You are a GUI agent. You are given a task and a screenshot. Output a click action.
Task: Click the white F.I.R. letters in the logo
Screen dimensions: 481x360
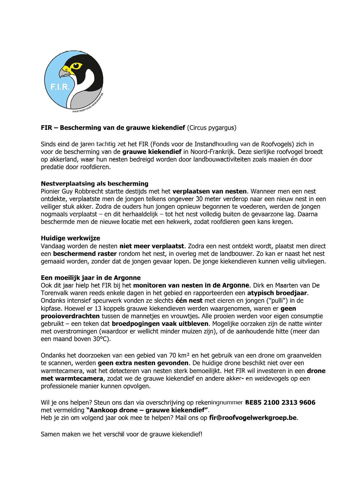tap(60, 87)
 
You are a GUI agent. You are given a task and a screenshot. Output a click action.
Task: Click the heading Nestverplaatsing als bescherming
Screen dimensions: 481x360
tap(94, 184)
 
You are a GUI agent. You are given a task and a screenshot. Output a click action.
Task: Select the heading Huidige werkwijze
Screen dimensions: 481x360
tap(70, 238)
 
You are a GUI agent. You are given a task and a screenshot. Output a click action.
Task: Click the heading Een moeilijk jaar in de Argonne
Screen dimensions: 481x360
tap(90, 278)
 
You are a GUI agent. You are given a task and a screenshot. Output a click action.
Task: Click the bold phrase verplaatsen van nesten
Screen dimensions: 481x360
tap(209, 191)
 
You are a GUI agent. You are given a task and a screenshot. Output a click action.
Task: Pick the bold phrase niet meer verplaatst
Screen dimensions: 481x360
tap(151, 246)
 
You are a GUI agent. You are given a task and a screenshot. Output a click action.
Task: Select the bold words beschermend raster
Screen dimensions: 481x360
tap(85, 254)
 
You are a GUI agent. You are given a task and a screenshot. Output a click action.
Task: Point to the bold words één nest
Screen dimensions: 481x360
tap(189, 301)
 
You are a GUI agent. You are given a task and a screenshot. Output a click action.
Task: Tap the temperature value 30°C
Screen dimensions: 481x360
tap(101, 339)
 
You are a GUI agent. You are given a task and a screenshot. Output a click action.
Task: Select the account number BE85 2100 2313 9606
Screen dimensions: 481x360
tap(280, 402)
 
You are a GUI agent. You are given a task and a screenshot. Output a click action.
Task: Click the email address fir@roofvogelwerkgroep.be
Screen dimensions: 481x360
tap(253, 418)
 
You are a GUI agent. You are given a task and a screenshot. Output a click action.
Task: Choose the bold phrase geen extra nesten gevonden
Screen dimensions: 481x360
tap(143, 363)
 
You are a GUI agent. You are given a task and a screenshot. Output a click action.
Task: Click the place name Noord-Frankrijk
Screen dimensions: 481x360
tap(212, 152)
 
